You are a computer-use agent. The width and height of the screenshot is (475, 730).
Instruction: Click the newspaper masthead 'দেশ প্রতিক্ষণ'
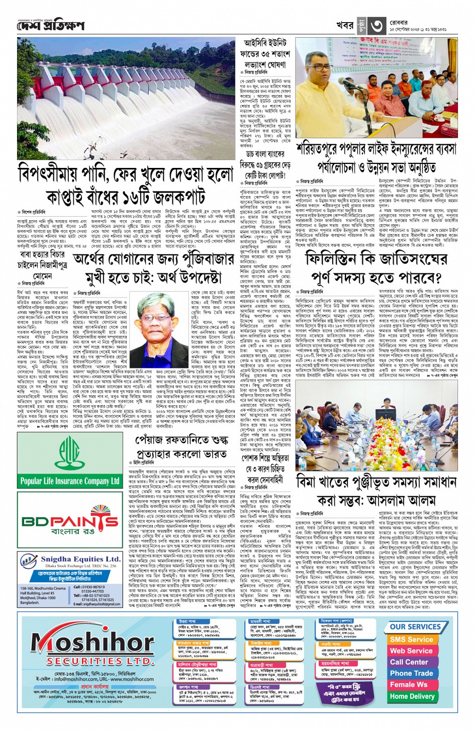click(51, 25)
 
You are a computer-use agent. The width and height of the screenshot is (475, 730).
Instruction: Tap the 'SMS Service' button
click(411, 640)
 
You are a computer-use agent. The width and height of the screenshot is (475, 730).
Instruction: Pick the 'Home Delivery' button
click(412, 696)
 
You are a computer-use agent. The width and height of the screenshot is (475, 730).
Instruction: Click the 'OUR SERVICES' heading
click(415, 626)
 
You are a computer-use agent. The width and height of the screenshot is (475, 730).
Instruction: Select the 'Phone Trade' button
click(411, 674)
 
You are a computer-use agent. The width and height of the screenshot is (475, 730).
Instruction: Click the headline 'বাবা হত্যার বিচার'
click(43, 255)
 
